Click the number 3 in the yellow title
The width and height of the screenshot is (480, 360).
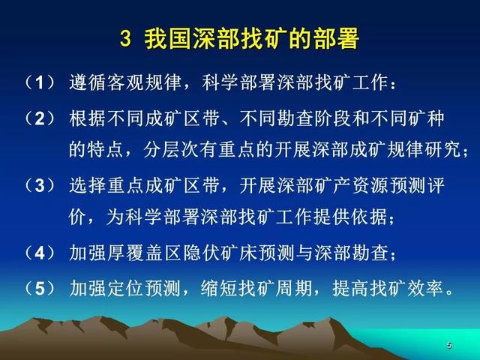coord(125,39)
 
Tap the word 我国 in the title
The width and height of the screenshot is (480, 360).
coord(168,39)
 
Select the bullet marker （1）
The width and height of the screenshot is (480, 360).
coord(40,82)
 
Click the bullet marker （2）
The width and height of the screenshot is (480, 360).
coord(40,118)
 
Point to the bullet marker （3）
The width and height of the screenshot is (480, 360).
coord(40,185)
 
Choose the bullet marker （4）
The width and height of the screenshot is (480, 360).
coord(40,253)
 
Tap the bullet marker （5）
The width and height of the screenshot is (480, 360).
coord(40,288)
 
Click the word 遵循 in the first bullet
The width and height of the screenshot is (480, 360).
coord(88,82)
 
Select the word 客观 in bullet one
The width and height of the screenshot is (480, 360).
coord(125,82)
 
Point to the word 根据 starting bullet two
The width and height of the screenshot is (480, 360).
coord(88,118)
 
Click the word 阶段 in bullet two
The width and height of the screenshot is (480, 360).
coord(333,118)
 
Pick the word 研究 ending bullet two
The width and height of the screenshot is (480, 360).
coord(443,149)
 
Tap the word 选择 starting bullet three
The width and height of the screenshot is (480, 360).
coord(88,185)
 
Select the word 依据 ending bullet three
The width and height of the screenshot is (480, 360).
coord(369,217)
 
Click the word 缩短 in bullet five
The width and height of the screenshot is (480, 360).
coord(220,288)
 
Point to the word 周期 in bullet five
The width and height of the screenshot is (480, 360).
coord(294,288)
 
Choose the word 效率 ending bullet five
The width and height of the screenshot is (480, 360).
coord(425,288)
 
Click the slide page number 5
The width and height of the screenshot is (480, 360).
coord(449,345)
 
